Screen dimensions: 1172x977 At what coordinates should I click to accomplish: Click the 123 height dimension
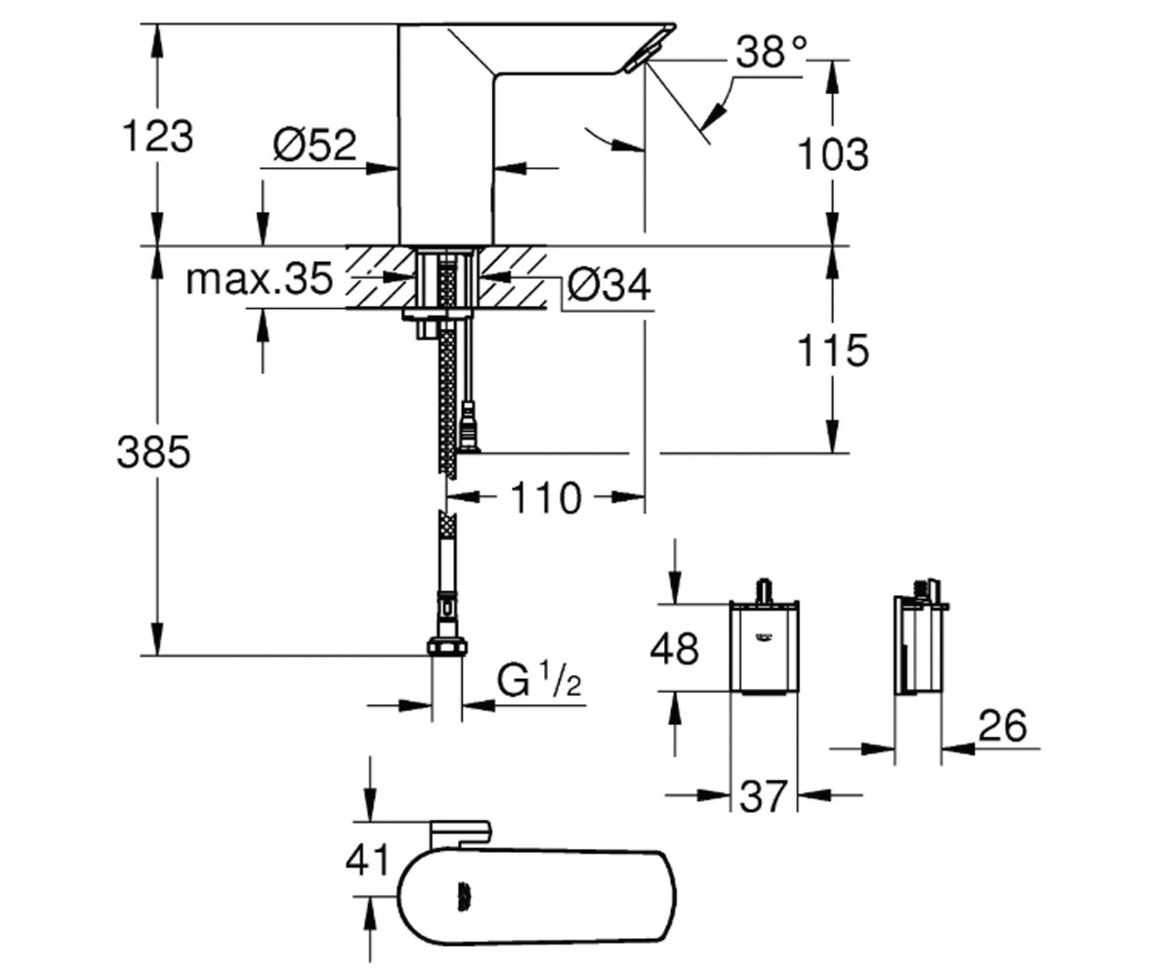157,137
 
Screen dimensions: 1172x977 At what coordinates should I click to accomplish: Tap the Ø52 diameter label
314,146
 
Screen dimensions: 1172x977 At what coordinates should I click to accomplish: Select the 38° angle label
772,52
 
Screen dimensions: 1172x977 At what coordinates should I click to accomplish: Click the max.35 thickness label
260,279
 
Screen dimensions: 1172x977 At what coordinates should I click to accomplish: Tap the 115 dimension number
833,351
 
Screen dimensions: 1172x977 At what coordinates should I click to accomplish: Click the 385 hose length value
153,452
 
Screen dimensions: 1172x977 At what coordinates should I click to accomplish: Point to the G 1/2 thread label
539,679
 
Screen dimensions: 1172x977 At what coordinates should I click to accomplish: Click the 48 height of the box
674,649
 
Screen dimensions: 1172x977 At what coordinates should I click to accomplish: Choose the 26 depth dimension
1002,726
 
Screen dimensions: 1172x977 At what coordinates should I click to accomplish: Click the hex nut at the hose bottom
446,646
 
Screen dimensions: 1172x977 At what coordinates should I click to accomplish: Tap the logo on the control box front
764,636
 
